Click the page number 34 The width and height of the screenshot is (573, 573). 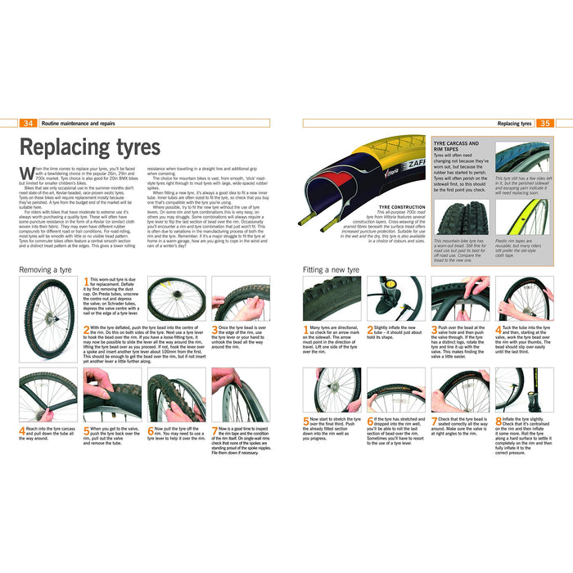[x=28, y=123]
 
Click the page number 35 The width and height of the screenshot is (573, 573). [x=544, y=124]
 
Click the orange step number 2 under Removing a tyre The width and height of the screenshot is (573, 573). [x=86, y=327]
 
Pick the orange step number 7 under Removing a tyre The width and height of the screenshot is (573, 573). [x=214, y=428]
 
